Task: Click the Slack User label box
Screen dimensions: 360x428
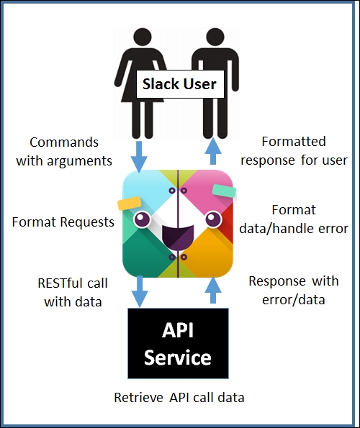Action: [x=180, y=83]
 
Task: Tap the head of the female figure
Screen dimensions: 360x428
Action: [x=143, y=37]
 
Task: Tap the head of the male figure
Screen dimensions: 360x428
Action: [x=215, y=37]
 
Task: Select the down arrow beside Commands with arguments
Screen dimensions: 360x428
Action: [x=139, y=157]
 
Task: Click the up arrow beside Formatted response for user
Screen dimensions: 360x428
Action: [x=213, y=151]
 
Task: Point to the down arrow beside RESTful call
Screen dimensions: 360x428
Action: [x=140, y=291]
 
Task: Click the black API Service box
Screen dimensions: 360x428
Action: [x=178, y=343]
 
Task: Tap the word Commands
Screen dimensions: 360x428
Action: [x=64, y=142]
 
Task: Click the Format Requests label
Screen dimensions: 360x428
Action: [x=63, y=222]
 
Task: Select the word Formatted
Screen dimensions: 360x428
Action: [x=294, y=142]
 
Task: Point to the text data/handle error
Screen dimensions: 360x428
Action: [x=294, y=229]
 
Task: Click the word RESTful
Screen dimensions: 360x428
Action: [x=60, y=283]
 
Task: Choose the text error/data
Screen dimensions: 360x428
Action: [x=294, y=300]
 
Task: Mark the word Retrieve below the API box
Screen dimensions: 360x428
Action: [x=138, y=397]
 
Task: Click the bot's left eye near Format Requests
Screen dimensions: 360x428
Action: [x=142, y=219]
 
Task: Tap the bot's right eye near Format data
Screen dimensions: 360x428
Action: [x=214, y=219]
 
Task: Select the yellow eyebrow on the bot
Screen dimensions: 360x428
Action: [x=129, y=204]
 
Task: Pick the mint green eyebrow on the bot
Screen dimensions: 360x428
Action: [x=224, y=191]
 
